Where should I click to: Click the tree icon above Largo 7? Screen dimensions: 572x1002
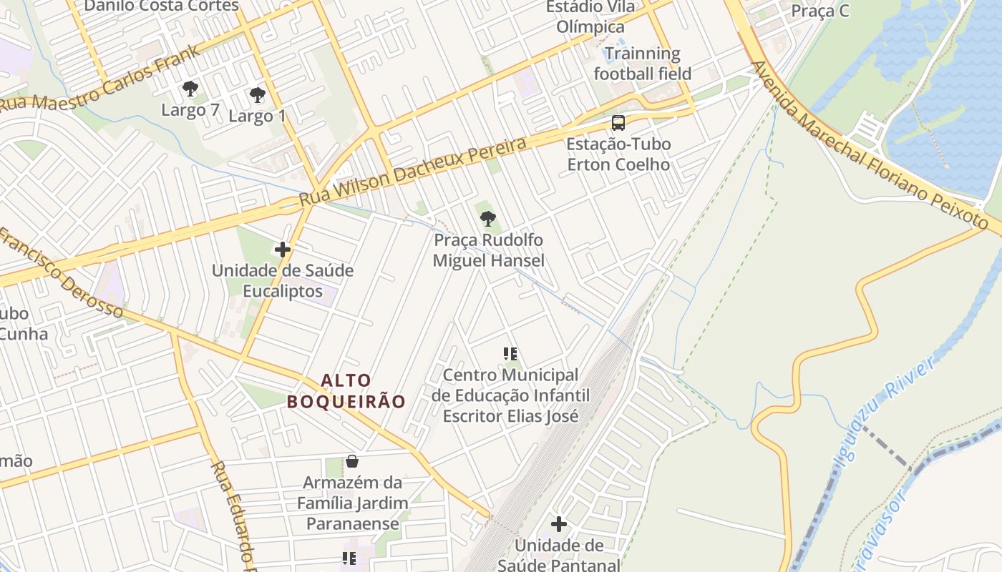point(190,89)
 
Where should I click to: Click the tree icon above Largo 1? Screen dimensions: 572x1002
point(257,94)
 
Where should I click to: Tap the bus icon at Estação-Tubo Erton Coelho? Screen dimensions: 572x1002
point(618,122)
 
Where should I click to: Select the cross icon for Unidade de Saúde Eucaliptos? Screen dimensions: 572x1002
point(283,250)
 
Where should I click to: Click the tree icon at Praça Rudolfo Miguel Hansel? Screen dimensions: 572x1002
point(488,218)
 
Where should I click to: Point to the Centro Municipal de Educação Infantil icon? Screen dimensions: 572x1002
point(510,353)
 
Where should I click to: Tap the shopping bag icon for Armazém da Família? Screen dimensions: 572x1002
point(351,461)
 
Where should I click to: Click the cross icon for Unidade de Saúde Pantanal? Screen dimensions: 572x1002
point(559,524)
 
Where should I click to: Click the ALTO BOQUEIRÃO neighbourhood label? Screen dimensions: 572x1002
point(346,391)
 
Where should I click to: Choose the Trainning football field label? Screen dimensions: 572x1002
point(642,64)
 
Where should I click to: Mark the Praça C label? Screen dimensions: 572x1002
point(819,11)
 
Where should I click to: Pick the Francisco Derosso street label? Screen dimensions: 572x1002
point(61,273)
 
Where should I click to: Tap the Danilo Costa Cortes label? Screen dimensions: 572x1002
point(161,6)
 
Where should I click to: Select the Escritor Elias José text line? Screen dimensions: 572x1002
point(510,415)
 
